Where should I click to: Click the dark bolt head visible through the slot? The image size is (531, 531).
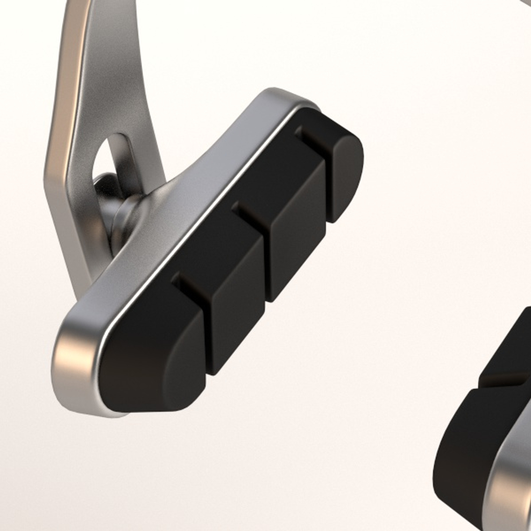(106, 184)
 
